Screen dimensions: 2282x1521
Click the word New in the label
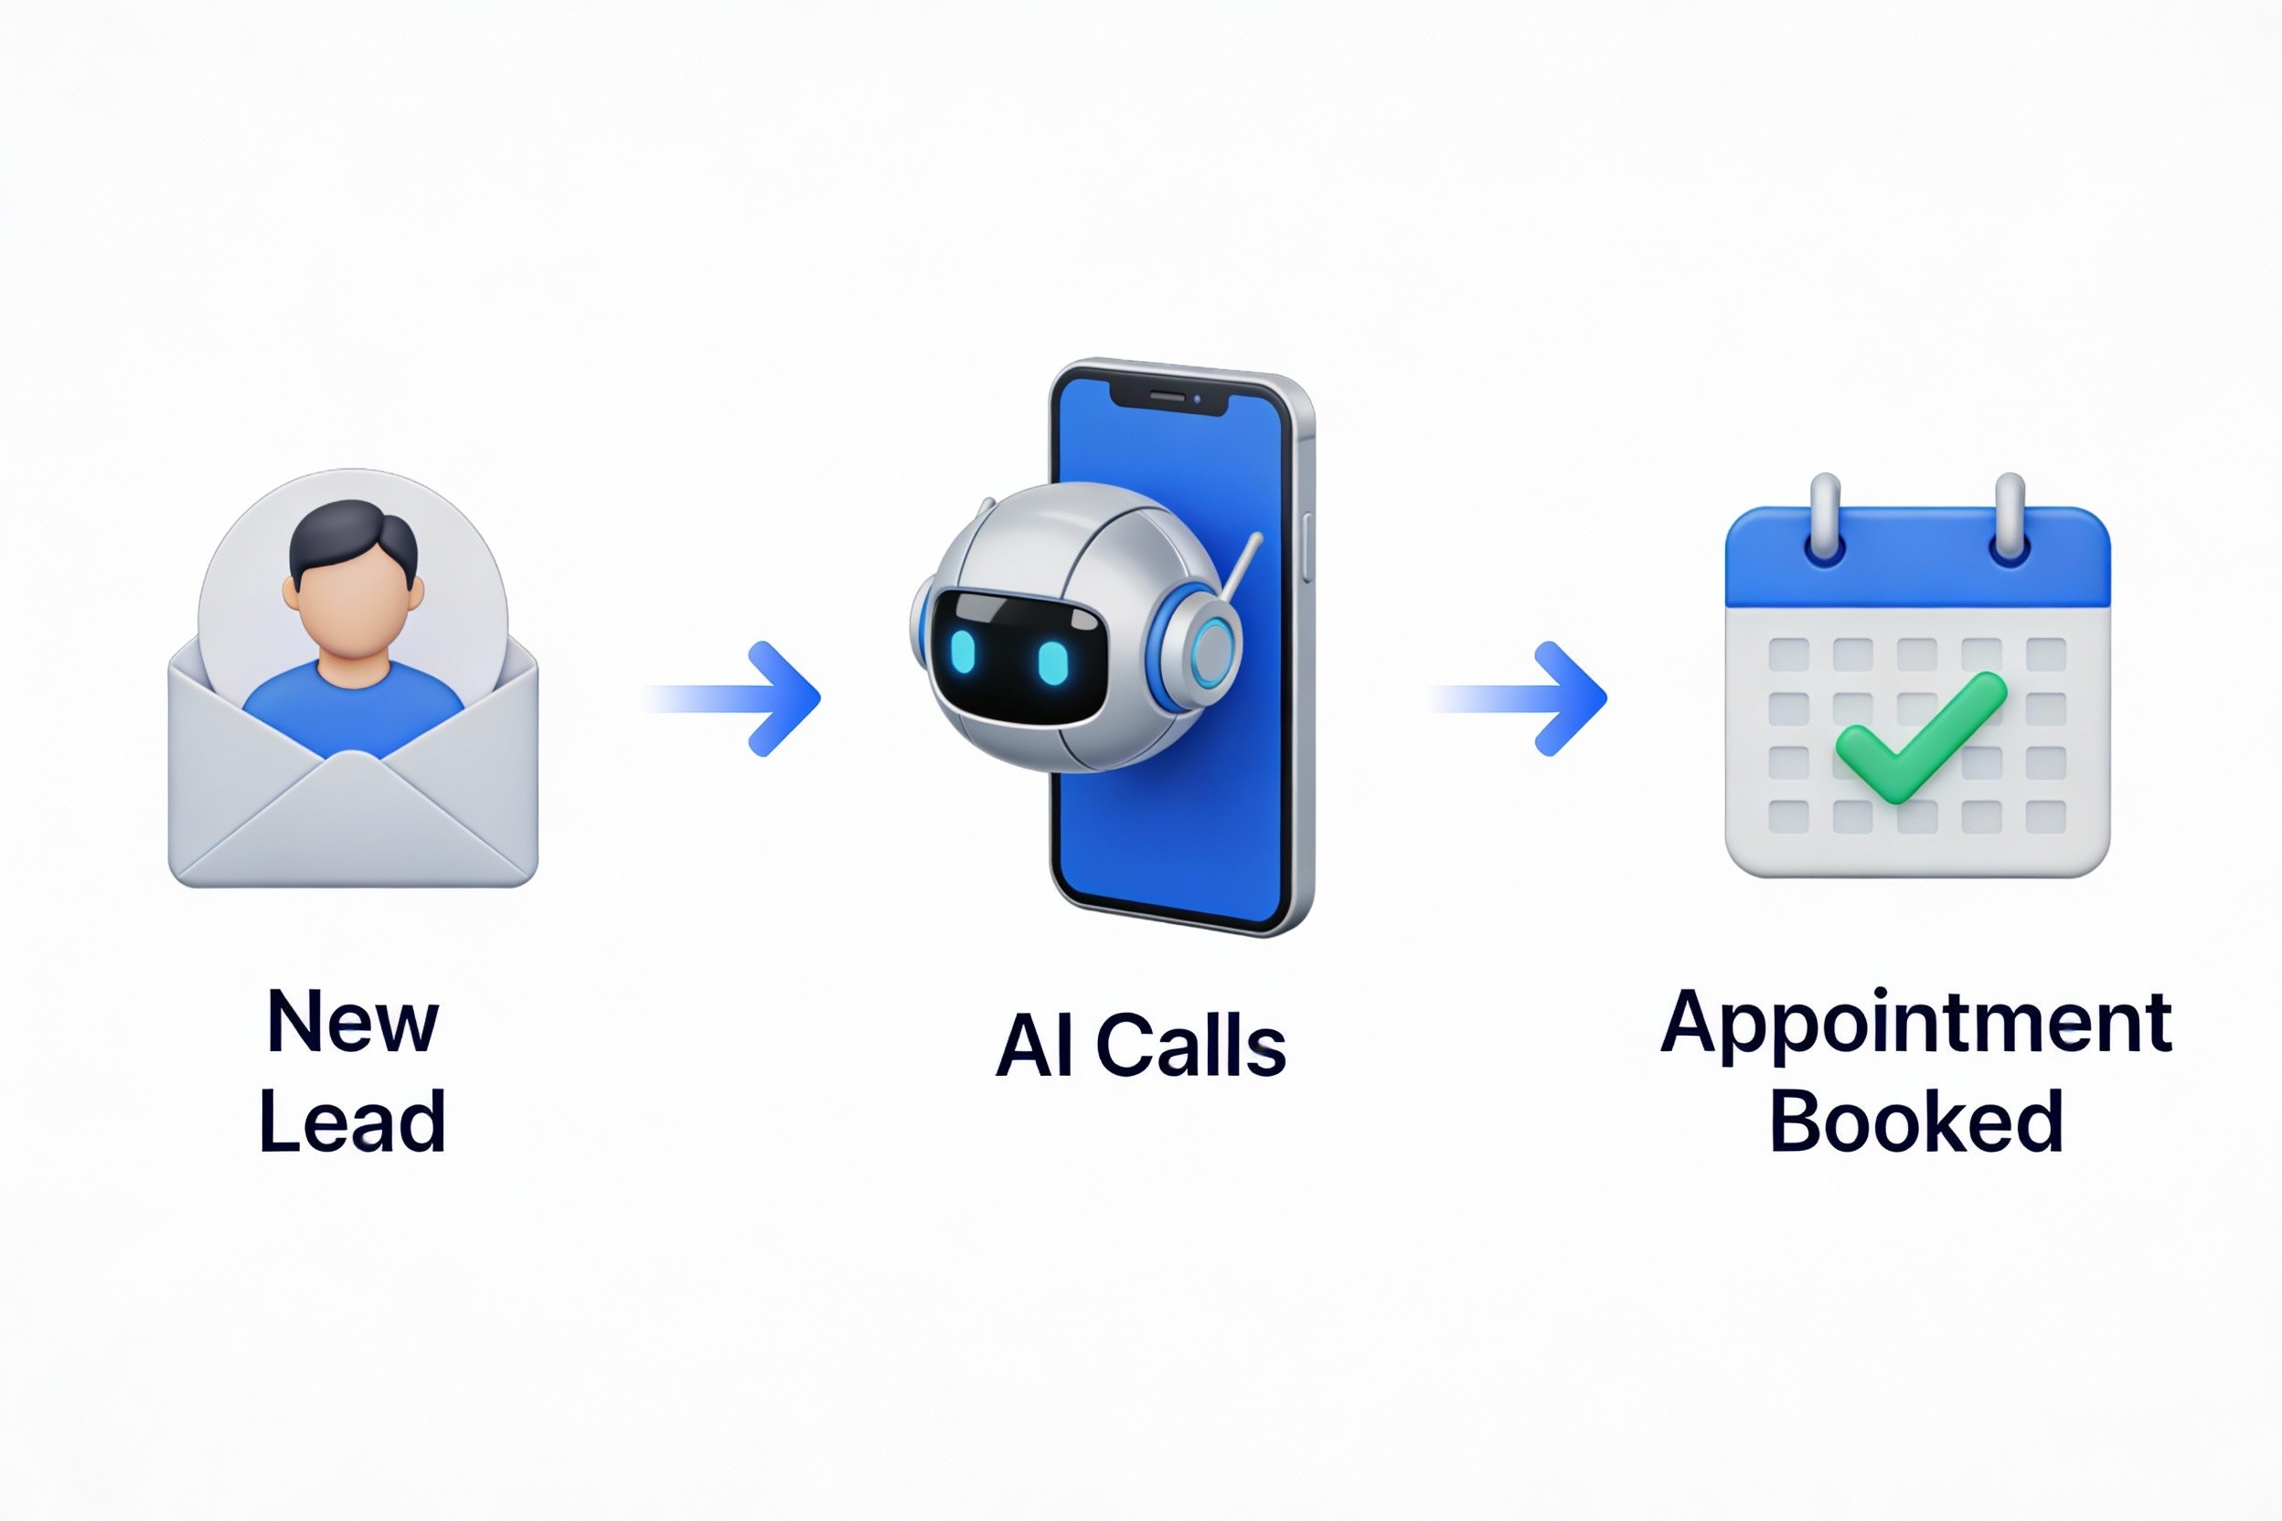click(352, 1021)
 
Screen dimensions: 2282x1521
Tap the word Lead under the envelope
click(352, 1122)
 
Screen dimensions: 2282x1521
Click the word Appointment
click(1915, 1025)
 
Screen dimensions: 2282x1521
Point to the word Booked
click(1915, 1122)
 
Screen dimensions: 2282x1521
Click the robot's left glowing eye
click(964, 653)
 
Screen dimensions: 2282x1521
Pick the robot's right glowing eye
click(1052, 663)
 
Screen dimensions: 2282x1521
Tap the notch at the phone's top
click(1168, 397)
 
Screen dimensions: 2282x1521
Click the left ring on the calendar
click(1826, 519)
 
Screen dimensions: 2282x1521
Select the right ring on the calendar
click(2009, 519)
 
